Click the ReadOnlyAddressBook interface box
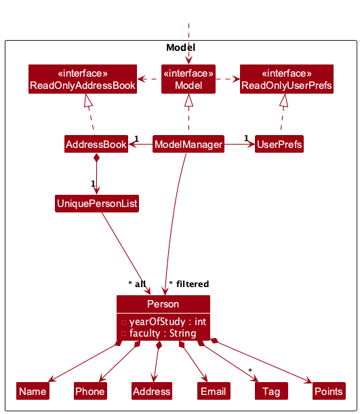tap(83, 79)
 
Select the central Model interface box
tap(188, 79)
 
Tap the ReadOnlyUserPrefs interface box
tap(286, 79)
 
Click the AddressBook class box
tap(96, 144)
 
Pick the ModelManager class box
tap(188, 144)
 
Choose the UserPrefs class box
tap(279, 144)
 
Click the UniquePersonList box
tap(97, 203)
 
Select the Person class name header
tap(163, 303)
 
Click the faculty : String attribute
tap(162, 333)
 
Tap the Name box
tap(33, 391)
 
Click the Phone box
tap(90, 391)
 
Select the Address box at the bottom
tap(152, 391)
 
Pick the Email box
tap(213, 391)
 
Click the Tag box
tap(271, 391)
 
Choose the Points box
tap(328, 391)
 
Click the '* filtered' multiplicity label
tap(188, 284)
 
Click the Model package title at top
tap(180, 48)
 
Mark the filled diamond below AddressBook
tap(97, 159)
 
